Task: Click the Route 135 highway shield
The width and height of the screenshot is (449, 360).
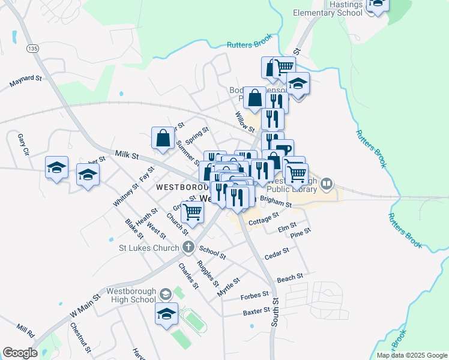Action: (32, 48)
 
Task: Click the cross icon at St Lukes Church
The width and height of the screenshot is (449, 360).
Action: (188, 247)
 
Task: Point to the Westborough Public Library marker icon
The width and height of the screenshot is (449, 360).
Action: (327, 183)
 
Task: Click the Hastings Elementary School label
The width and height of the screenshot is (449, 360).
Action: (327, 8)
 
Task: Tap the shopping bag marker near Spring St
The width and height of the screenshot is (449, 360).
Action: (163, 138)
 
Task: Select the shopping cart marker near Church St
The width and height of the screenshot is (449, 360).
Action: (192, 211)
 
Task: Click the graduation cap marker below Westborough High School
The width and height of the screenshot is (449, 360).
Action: (167, 313)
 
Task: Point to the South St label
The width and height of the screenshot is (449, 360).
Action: (275, 313)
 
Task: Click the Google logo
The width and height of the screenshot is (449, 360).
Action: (20, 353)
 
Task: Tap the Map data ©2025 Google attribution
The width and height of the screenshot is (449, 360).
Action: (412, 355)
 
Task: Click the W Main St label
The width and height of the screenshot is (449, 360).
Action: (83, 305)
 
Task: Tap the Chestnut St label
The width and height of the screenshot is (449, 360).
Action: (80, 337)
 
